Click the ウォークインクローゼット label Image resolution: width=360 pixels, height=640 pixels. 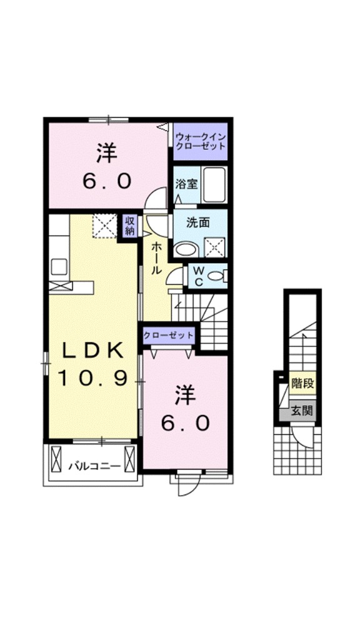coord(200,141)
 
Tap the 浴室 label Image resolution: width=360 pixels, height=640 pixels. coord(186,184)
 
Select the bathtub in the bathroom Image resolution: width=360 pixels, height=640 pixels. coord(214,184)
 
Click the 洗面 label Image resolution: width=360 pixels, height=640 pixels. coord(197,222)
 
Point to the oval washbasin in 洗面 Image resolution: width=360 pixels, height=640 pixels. coord(185,249)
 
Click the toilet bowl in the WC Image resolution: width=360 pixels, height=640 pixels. coord(216,276)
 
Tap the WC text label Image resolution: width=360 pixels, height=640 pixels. coord(198,276)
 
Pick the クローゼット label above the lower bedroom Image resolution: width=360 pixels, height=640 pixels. coord(169,335)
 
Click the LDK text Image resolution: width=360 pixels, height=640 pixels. coord(92,351)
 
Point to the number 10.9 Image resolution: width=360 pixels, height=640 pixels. coord(92,378)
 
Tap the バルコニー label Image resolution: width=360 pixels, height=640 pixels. coord(94,465)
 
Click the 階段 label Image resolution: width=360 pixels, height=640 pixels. coord(302,383)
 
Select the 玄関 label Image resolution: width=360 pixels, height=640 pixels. coord(302,411)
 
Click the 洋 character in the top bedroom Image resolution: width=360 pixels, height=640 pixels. coord(107,154)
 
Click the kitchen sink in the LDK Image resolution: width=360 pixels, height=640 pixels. coord(59,267)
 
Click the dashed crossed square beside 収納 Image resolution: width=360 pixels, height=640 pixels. coord(105,226)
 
